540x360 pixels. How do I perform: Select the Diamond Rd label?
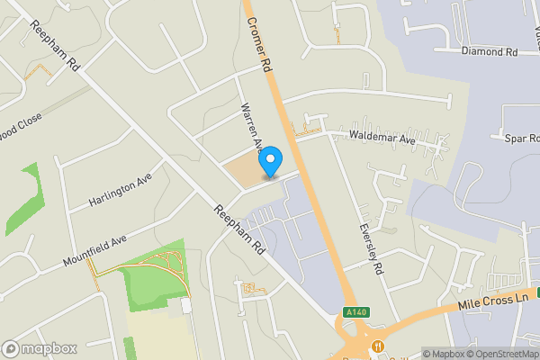click(490, 52)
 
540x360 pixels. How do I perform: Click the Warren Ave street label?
click(249, 127)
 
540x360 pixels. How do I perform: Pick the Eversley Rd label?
click(371, 249)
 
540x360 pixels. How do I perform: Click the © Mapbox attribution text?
click(443, 354)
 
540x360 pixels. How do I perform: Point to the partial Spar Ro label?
click(521, 138)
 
